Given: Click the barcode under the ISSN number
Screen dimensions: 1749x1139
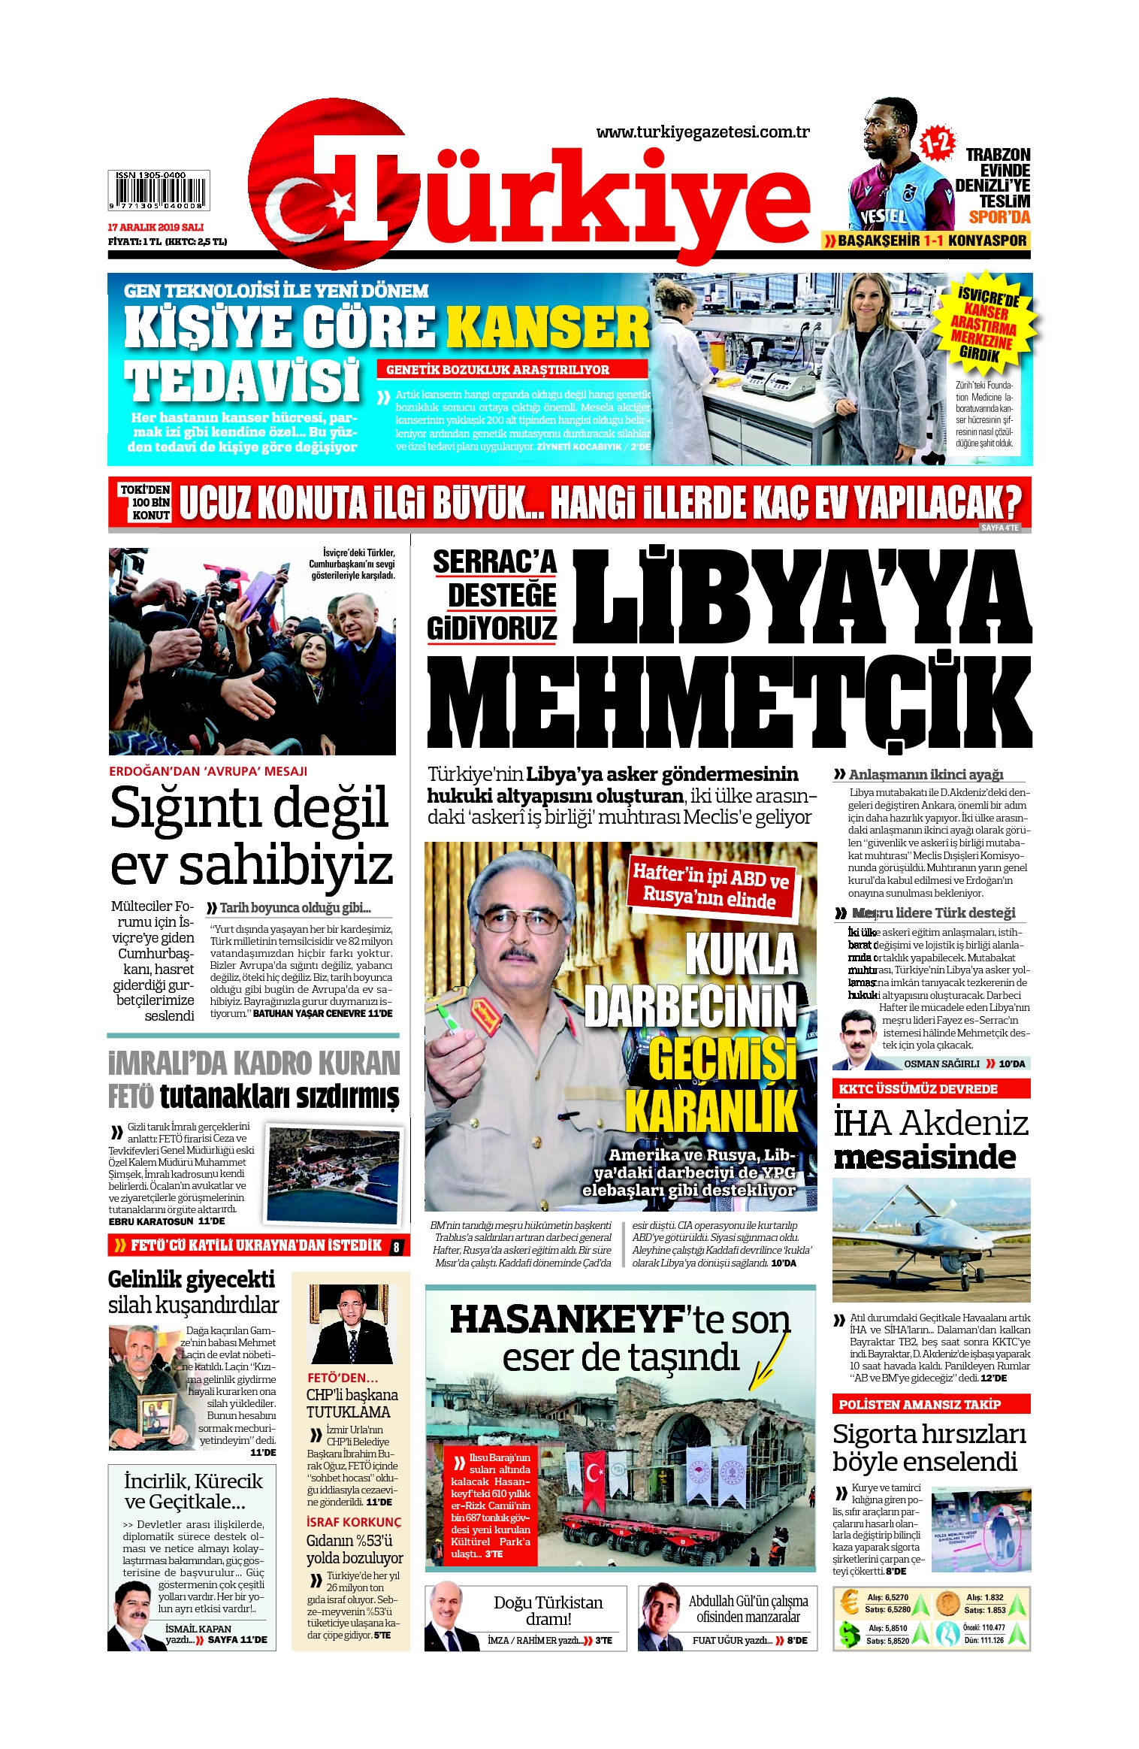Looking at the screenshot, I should (159, 193).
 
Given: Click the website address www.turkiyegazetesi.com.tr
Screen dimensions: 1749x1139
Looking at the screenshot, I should (702, 132).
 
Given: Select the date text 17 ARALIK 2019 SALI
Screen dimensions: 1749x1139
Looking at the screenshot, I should (156, 227).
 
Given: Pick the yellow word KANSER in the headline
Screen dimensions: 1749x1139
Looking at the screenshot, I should (548, 328).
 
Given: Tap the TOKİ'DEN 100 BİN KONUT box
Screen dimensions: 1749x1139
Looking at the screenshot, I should (145, 502).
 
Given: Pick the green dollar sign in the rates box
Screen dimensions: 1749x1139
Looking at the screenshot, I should (850, 1635).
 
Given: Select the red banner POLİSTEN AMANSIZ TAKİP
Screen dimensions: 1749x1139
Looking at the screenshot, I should (930, 1404).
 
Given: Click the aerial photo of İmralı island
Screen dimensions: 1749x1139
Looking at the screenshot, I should (334, 1173).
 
